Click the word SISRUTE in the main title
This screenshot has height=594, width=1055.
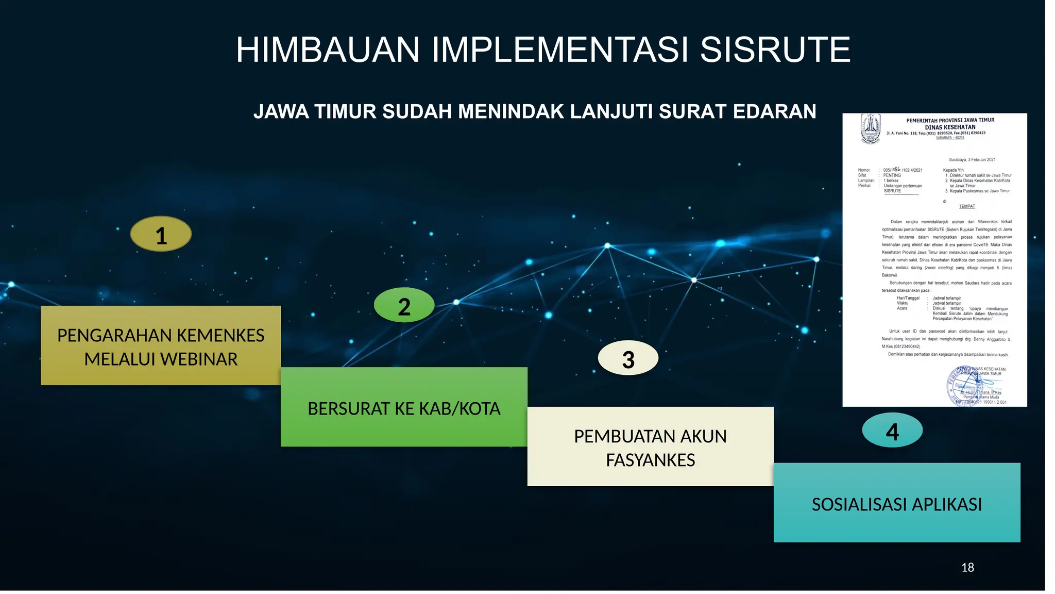click(x=775, y=50)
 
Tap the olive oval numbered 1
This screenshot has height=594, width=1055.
click(x=161, y=235)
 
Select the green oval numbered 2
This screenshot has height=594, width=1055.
click(x=404, y=306)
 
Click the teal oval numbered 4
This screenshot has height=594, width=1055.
click(x=892, y=431)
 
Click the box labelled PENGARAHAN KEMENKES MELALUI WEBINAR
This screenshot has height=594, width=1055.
click(x=161, y=345)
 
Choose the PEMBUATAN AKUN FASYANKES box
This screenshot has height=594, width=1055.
click(x=650, y=447)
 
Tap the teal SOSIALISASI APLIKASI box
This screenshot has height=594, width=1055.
click(x=897, y=503)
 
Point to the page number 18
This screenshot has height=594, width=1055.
click(x=967, y=568)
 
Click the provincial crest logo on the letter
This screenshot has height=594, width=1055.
click(x=871, y=129)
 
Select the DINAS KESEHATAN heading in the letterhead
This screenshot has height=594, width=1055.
click(x=950, y=127)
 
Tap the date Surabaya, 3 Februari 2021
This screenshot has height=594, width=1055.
click(x=972, y=160)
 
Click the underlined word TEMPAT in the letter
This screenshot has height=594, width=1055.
click(x=967, y=206)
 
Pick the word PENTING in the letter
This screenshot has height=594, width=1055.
click(x=892, y=175)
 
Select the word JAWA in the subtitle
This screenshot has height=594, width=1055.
click(x=281, y=111)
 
